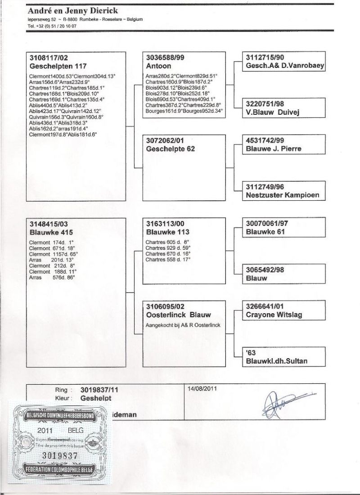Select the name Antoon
pyautogui.click(x=158, y=66)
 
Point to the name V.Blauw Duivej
pyautogui.click(x=272, y=113)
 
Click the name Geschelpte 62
pyautogui.click(x=171, y=149)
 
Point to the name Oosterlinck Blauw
pyautogui.click(x=178, y=315)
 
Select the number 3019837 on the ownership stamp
pyautogui.click(x=59, y=454)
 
